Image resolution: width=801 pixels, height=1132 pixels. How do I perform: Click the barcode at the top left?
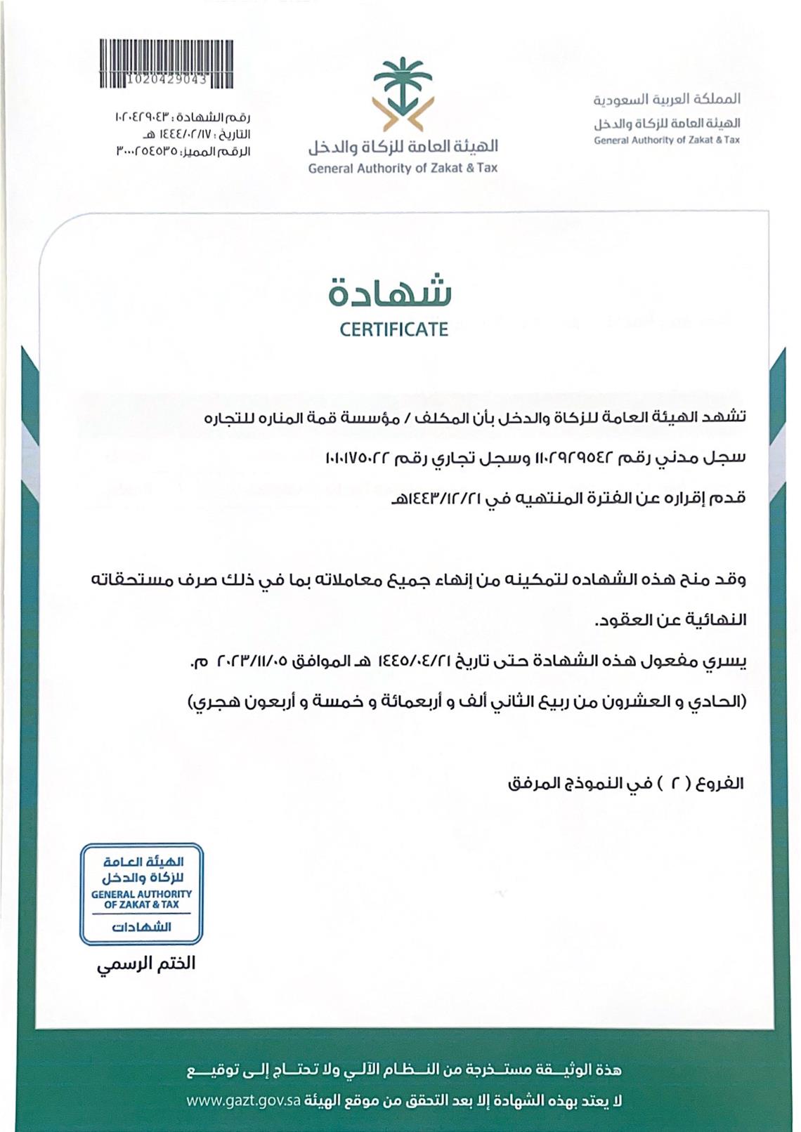tap(167, 64)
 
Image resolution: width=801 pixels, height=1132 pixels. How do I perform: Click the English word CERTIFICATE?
tap(393, 329)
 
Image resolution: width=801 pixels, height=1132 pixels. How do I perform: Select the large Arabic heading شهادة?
tap(390, 293)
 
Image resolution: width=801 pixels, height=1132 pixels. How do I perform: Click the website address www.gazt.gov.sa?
tap(244, 1100)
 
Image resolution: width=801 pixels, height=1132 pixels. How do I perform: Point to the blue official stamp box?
tap(141, 894)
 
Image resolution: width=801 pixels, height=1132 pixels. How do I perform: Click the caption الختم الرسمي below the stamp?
tap(146, 963)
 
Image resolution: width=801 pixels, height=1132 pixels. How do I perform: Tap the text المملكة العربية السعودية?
tap(667, 99)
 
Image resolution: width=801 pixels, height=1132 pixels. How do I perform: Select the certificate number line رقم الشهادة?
tap(182, 116)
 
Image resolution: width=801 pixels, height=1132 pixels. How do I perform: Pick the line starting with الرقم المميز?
tap(183, 151)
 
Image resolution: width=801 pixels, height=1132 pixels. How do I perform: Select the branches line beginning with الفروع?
tap(625, 782)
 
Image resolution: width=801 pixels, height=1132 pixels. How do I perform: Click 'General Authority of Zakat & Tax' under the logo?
tap(403, 169)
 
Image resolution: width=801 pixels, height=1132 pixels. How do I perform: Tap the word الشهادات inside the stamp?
tap(141, 927)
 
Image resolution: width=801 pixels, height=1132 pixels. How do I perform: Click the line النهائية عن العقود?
tap(670, 620)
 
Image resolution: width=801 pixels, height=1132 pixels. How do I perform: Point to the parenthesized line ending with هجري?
tap(467, 702)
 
